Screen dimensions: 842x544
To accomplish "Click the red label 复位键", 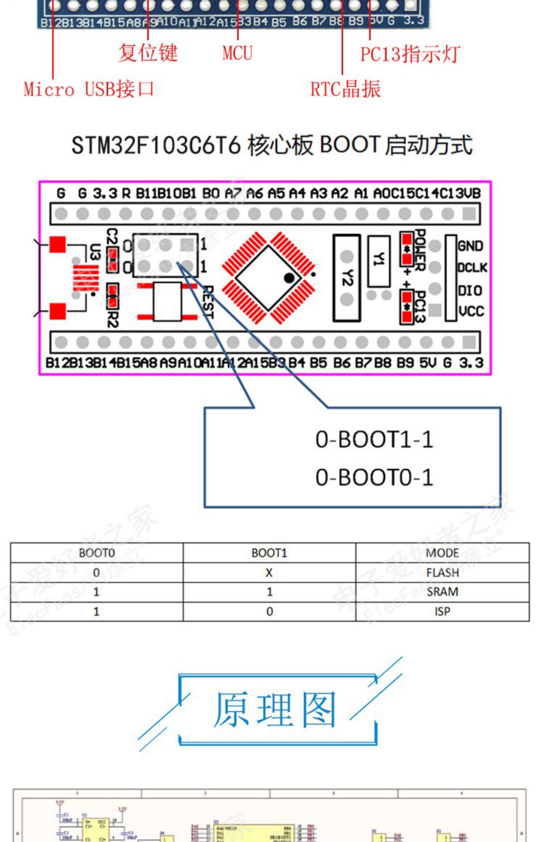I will [x=148, y=53].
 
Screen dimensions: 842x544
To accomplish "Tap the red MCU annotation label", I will [x=237, y=53].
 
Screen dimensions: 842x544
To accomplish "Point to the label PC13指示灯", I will [x=410, y=54].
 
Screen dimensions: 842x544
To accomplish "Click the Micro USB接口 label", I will [x=88, y=89].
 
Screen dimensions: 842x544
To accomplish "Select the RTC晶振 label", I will [x=345, y=89].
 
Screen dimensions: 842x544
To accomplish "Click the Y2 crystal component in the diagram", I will [x=347, y=278].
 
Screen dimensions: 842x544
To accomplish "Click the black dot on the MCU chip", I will [x=289, y=278].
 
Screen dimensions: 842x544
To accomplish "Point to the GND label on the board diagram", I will [x=470, y=246].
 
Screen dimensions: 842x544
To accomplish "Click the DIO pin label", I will [x=470, y=290].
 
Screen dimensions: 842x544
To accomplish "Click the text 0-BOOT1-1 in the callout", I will [x=374, y=439].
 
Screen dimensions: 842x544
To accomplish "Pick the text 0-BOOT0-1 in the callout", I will [x=374, y=477].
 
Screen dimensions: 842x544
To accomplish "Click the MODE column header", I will [x=442, y=553].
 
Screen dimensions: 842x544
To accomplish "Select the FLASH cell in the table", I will [x=442, y=573].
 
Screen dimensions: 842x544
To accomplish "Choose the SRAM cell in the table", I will [x=442, y=592].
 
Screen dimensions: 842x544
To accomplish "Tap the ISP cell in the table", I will [x=442, y=611].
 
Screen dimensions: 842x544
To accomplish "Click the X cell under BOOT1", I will [x=269, y=573].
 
